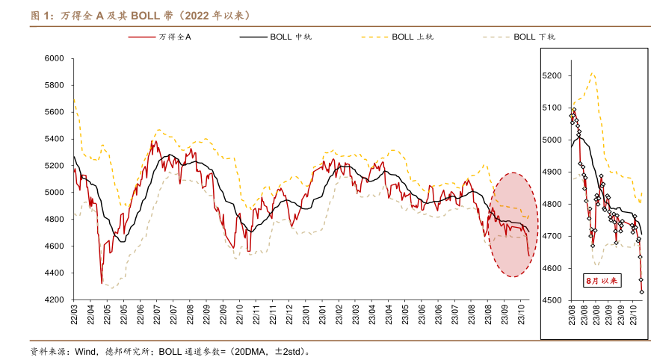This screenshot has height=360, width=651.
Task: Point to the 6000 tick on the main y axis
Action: (55, 58)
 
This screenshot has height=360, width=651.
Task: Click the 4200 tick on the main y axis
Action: (55, 300)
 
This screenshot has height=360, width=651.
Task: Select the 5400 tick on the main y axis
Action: (55, 139)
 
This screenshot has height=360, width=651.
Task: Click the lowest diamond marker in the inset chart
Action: (641, 292)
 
